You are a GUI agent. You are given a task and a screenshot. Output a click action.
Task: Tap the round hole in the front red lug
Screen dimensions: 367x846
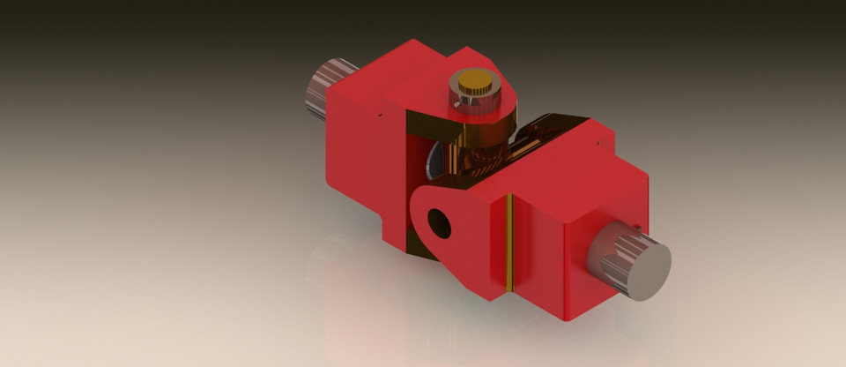point(438,223)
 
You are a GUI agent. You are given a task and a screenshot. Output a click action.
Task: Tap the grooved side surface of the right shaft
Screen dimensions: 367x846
point(608,256)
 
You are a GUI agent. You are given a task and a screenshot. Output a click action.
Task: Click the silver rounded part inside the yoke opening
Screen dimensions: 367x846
point(434,163)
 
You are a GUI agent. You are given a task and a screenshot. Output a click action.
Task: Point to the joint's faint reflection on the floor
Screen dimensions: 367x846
point(397,300)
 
